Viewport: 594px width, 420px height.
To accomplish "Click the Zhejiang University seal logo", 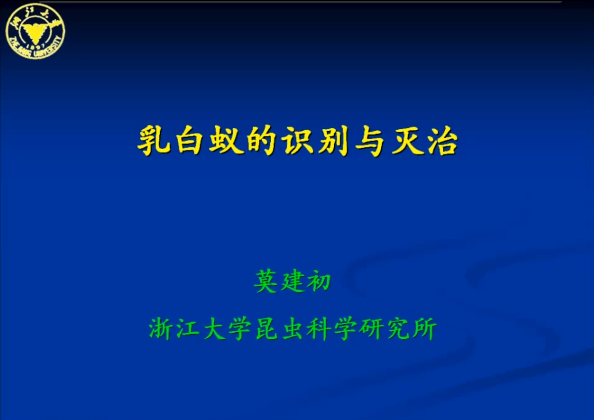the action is pyautogui.click(x=35, y=31).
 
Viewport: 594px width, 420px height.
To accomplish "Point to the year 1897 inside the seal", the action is pyautogui.click(x=36, y=46).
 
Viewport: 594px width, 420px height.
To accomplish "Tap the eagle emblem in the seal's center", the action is pyautogui.click(x=35, y=32).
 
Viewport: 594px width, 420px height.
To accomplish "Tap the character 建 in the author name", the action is pyautogui.click(x=292, y=281).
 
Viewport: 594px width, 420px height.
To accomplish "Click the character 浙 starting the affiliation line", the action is pyautogui.click(x=161, y=328).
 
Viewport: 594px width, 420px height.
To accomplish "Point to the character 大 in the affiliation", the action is pyautogui.click(x=214, y=328).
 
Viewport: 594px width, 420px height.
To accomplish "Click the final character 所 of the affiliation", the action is pyautogui.click(x=424, y=328).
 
